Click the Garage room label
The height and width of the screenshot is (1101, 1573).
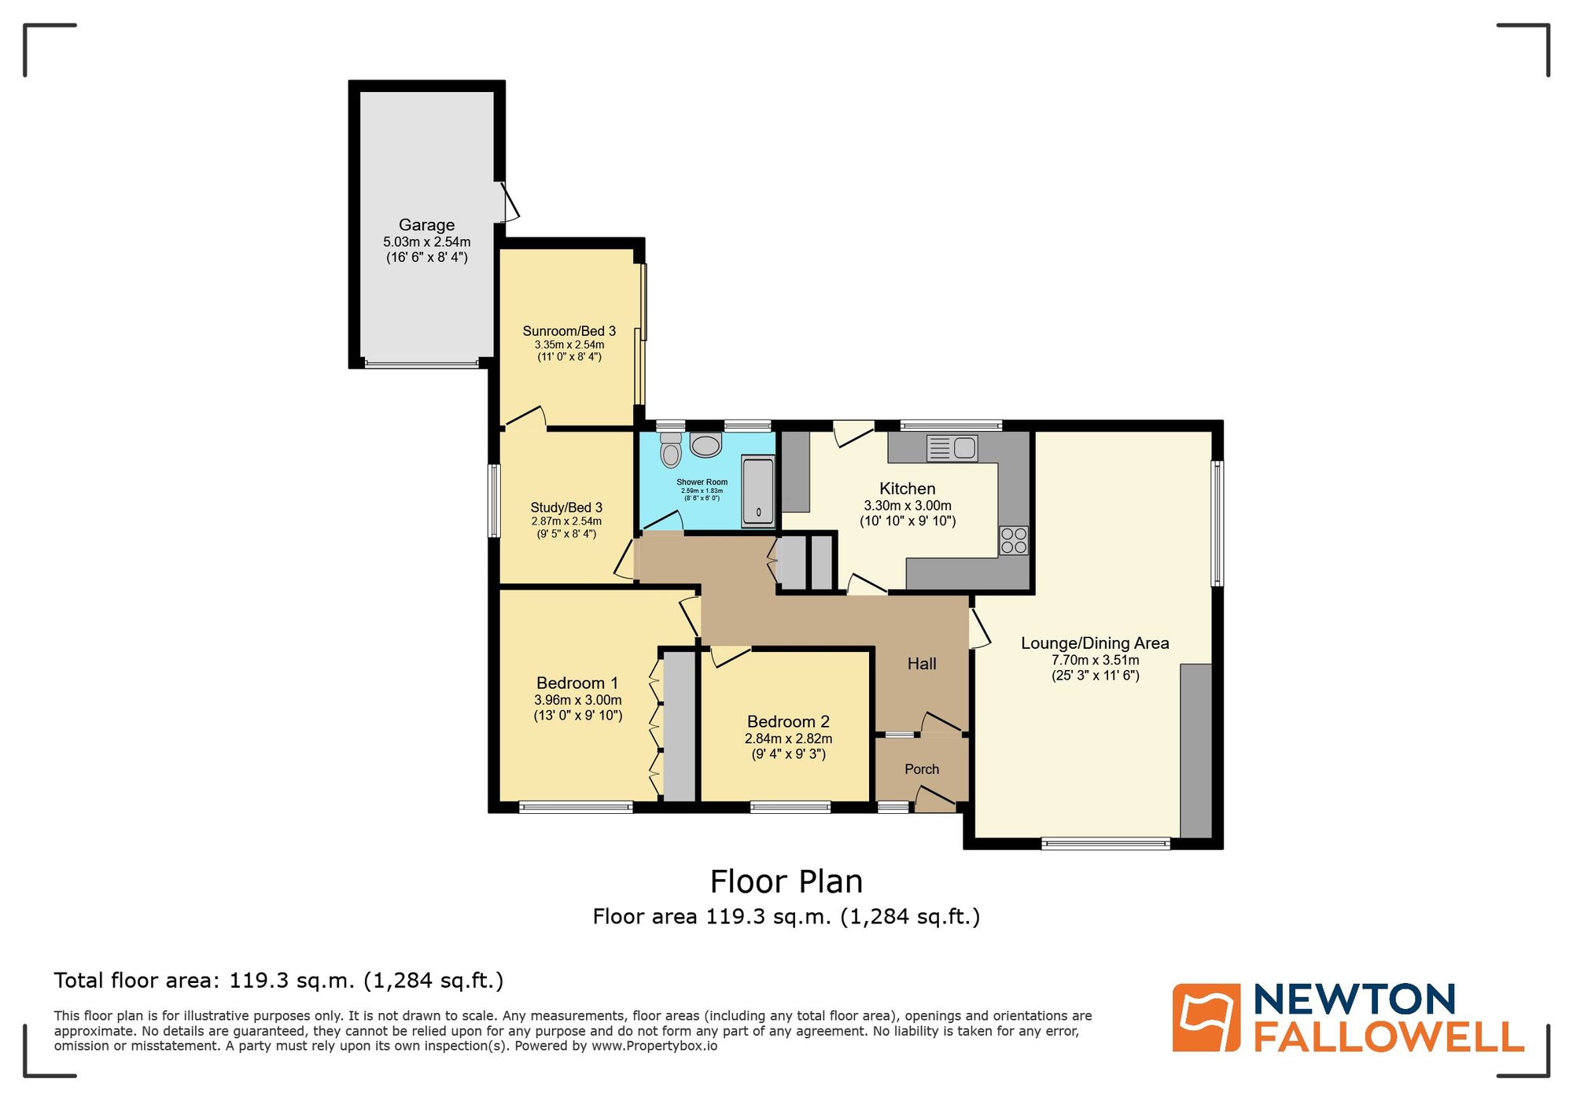(x=426, y=225)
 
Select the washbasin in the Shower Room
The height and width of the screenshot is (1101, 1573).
(x=705, y=446)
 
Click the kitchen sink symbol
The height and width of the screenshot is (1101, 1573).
(x=952, y=448)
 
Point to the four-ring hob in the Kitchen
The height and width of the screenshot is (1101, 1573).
(x=1014, y=540)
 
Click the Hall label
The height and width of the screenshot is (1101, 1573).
(x=922, y=664)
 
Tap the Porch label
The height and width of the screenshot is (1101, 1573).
(x=922, y=769)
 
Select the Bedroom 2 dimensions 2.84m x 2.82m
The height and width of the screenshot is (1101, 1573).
(x=788, y=738)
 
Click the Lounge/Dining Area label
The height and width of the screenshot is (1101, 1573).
(x=1095, y=643)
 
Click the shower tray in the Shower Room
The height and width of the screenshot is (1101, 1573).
(x=758, y=492)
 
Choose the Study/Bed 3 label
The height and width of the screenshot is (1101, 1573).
(x=566, y=507)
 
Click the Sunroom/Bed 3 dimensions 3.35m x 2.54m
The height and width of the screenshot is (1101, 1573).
(x=569, y=344)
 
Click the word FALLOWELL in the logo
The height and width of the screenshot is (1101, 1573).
(x=1388, y=1037)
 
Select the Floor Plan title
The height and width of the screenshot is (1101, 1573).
(x=786, y=882)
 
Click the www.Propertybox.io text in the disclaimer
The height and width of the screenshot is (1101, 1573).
(x=654, y=1046)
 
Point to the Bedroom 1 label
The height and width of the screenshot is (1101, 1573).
(x=577, y=683)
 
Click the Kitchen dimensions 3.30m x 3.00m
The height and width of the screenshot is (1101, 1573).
(x=908, y=506)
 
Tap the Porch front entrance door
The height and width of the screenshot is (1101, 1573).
(x=934, y=801)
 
